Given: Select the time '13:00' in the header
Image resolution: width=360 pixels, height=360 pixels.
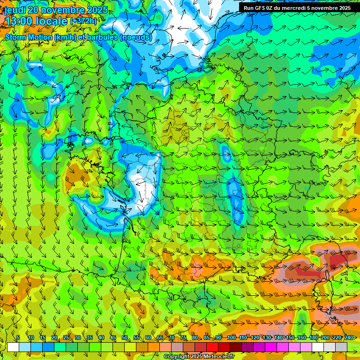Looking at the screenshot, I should point(22,22).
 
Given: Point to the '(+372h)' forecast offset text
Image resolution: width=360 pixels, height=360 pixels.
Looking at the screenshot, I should point(84,22).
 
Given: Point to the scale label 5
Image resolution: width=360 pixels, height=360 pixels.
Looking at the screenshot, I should point(18,337).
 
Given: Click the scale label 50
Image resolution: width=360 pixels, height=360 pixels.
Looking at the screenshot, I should point(125,337).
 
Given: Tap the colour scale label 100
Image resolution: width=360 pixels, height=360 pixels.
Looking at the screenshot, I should point(231,337).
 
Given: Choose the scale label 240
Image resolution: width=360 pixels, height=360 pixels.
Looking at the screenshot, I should point(348,337).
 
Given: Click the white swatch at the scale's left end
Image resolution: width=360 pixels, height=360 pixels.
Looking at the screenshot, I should point(13,347).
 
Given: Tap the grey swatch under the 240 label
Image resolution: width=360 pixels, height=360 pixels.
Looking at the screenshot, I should point(341,347).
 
